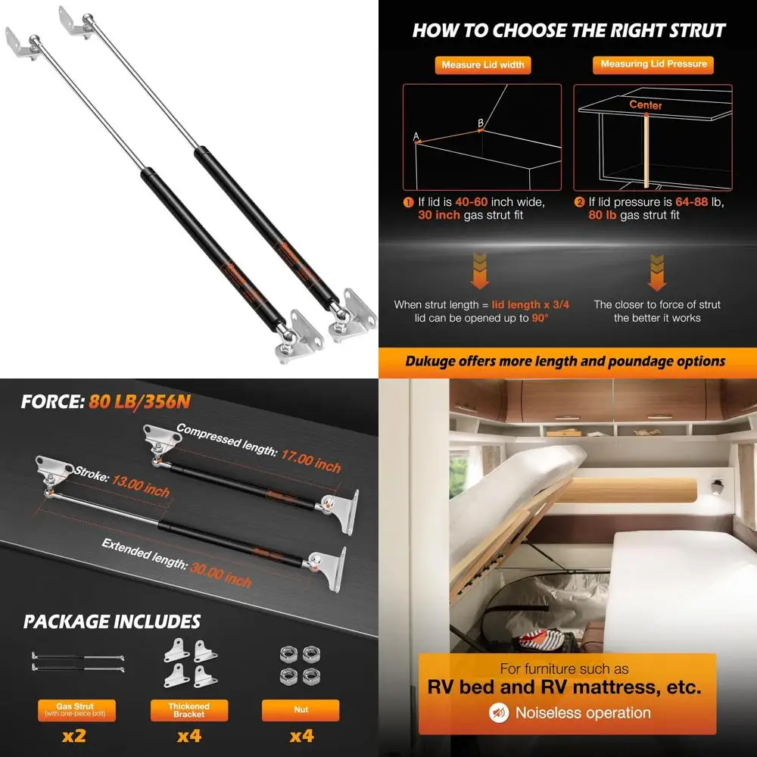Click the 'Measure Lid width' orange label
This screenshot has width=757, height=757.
483,65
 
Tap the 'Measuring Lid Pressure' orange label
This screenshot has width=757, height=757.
653,64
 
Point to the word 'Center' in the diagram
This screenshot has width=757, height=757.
646,105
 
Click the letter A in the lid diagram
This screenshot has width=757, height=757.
416,136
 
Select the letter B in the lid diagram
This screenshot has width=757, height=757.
480,123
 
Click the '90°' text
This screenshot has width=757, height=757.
539,318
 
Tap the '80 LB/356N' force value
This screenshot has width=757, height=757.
137,401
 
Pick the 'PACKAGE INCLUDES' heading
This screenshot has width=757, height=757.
112,621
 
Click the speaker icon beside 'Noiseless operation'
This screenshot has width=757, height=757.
499,712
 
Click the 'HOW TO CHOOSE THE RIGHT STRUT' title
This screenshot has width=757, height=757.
569,31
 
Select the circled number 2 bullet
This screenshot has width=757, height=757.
579,202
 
